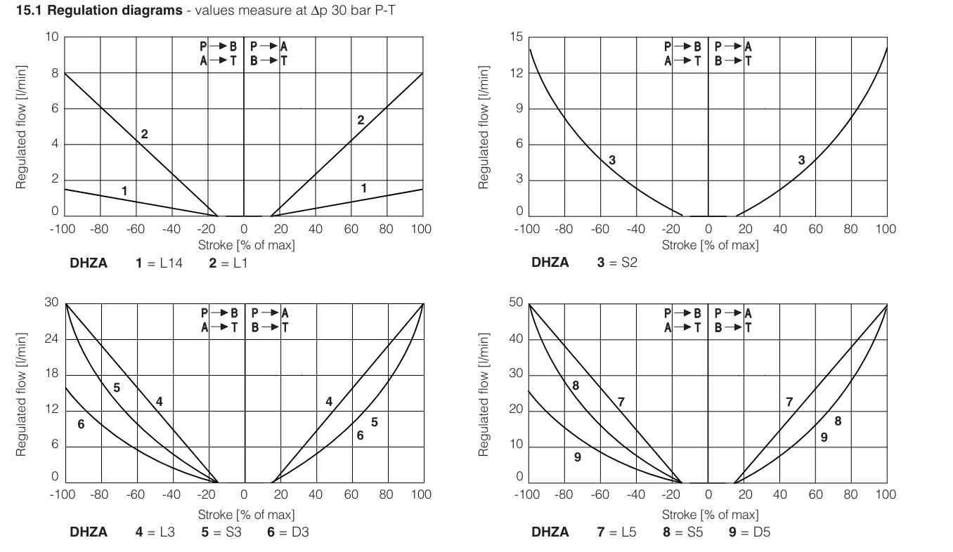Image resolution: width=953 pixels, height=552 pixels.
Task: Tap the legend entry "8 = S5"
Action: [x=687, y=532]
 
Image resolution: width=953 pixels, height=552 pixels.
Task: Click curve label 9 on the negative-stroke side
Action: [x=577, y=457]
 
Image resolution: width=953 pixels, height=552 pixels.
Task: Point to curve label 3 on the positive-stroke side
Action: [x=801, y=160]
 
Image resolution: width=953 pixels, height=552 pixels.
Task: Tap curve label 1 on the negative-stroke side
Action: [x=124, y=190]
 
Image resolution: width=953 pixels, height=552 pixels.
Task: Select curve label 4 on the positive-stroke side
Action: [x=329, y=401]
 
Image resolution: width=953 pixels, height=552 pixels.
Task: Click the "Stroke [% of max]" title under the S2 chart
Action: [x=709, y=245]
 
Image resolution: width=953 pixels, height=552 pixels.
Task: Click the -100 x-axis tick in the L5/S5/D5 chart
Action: [x=527, y=494]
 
